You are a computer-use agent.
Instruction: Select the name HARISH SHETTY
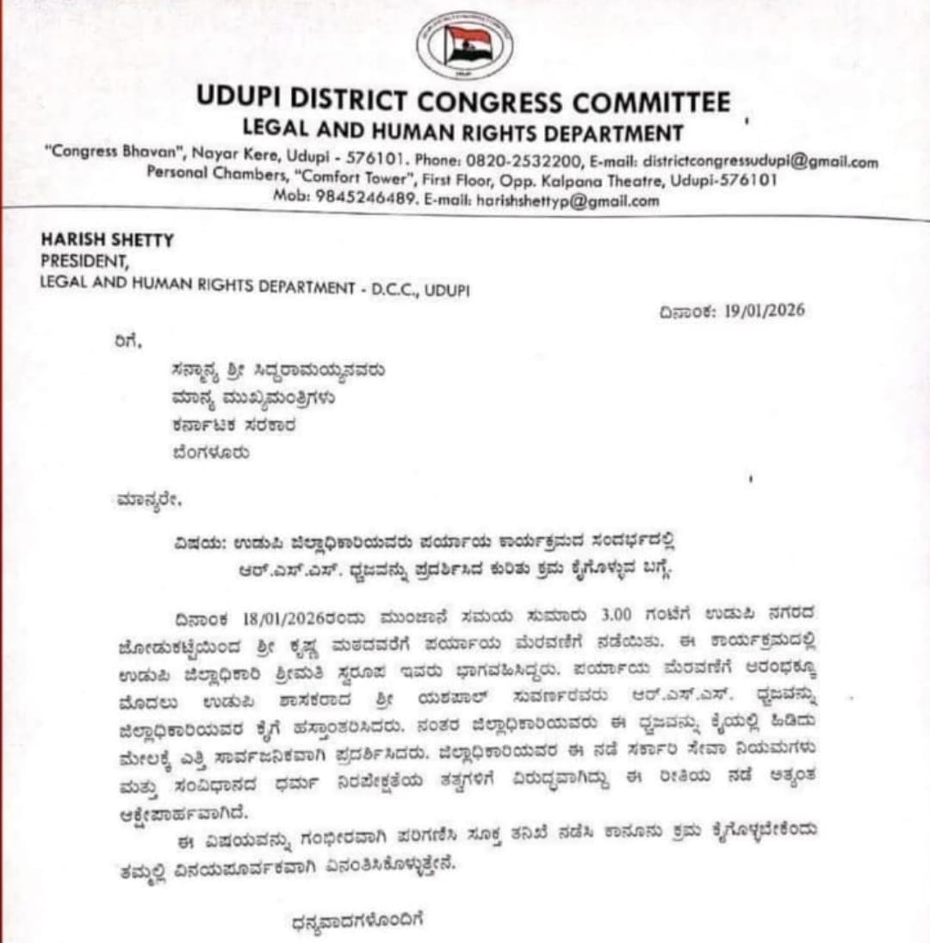pyautogui.click(x=107, y=241)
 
